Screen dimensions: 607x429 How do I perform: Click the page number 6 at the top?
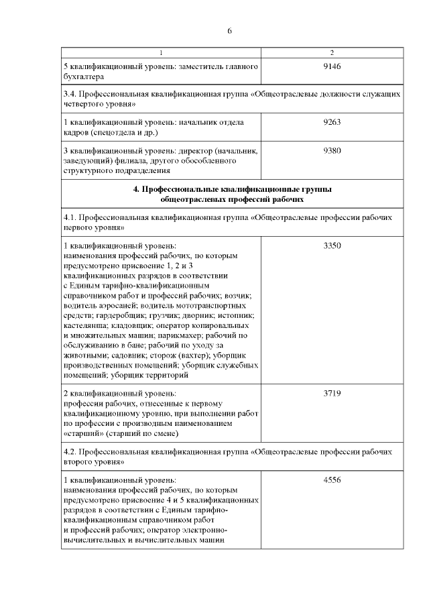pos(229,32)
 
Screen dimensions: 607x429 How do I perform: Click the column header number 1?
pos(161,52)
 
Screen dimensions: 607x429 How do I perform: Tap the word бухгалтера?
pos(84,76)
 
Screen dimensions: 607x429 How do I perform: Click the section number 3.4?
pos(70,95)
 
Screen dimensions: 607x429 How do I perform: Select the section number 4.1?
pos(70,218)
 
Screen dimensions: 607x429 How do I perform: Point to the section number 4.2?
pos(70,453)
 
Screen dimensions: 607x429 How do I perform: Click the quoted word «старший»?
pos(83,433)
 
